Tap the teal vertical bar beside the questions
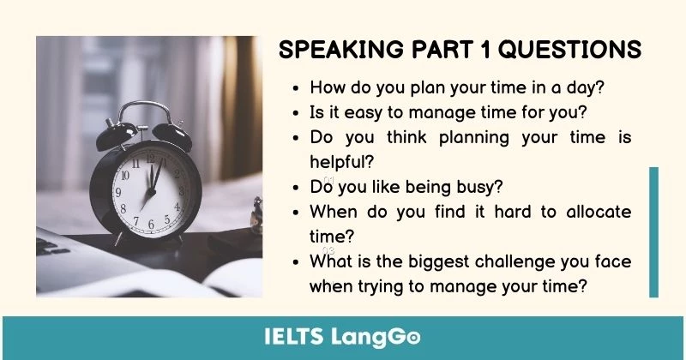[x=653, y=231]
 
